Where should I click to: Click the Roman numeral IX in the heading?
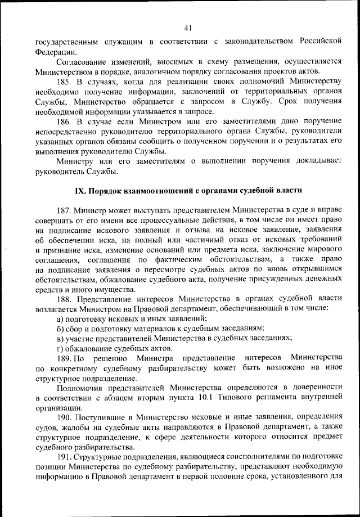[x=80, y=190]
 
